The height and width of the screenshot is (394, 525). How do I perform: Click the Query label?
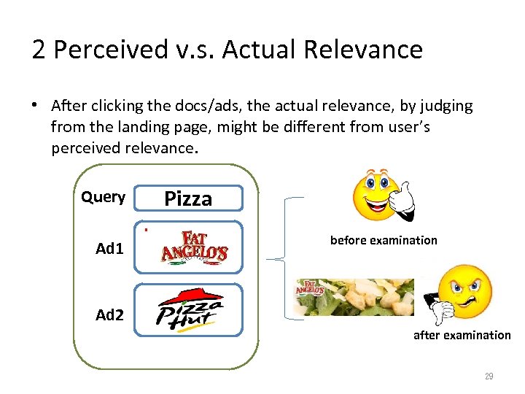[103, 197]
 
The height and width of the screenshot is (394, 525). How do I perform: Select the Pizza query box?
[188, 198]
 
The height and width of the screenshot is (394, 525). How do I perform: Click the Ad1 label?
[109, 249]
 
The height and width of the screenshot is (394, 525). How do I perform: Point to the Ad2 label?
[109, 314]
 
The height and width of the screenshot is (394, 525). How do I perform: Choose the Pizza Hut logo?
[190, 309]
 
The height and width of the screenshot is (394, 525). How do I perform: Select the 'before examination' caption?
[384, 240]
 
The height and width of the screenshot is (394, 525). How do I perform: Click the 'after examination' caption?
[462, 335]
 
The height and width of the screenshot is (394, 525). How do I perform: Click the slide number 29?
[489, 376]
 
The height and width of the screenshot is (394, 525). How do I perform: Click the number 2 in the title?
[39, 49]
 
